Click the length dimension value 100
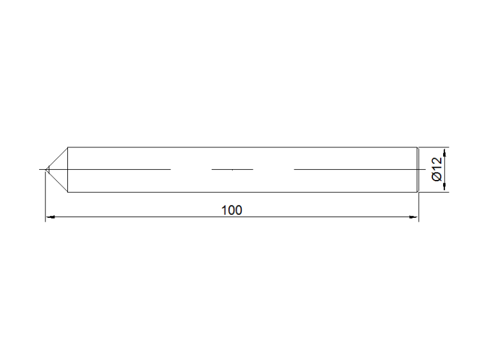(232, 210)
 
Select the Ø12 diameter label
(437, 169)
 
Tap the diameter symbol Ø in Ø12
(437, 177)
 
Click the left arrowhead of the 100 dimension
(50, 217)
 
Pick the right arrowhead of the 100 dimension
(414, 217)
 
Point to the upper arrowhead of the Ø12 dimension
(445, 152)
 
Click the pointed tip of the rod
(46, 169)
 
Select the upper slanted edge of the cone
(56, 158)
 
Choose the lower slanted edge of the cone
(56, 181)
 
